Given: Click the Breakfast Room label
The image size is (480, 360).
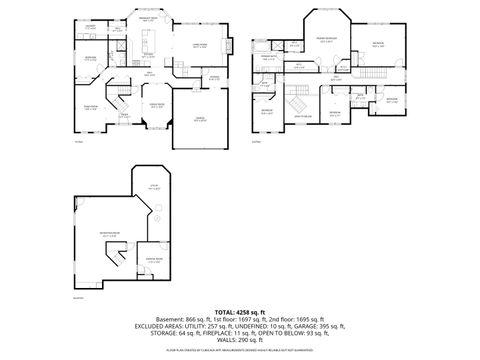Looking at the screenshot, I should (x=148, y=19).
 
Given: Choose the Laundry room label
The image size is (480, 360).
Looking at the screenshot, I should (x=91, y=27).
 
